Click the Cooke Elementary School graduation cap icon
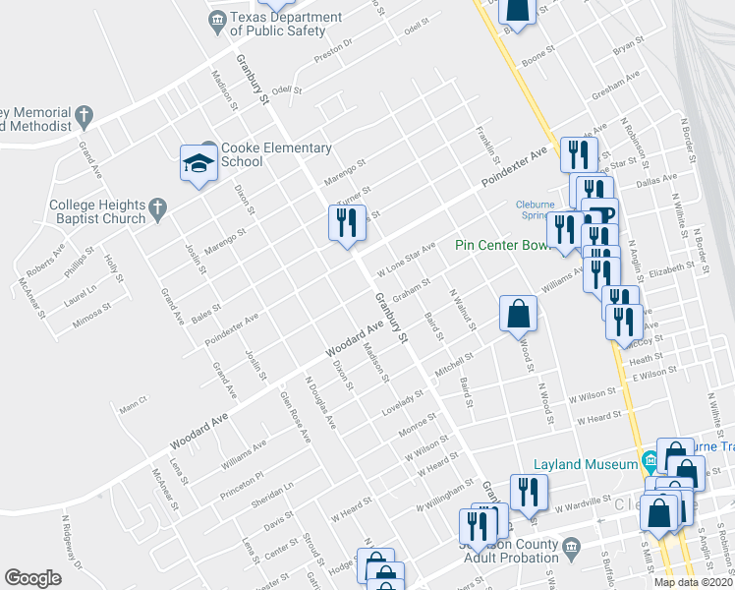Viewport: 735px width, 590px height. tap(198, 162)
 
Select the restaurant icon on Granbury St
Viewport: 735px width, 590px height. tap(347, 223)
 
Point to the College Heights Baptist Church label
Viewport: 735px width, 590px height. tap(97, 211)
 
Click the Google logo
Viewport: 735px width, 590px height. tap(32, 577)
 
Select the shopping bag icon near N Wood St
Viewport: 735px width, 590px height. tap(518, 315)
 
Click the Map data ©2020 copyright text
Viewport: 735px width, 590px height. tap(694, 582)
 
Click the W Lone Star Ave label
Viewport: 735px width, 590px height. tap(406, 260)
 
